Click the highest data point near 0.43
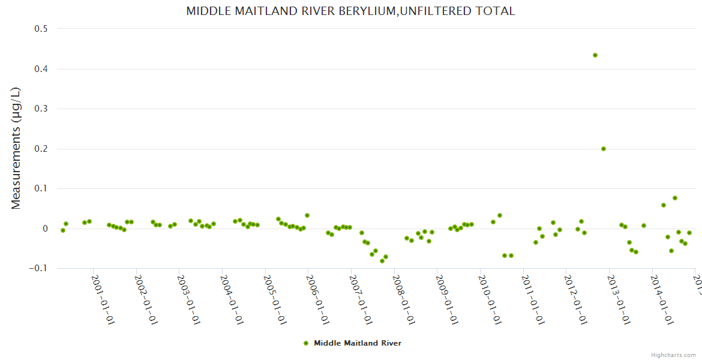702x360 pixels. (595, 55)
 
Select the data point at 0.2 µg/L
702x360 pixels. (604, 149)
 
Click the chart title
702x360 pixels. (350, 11)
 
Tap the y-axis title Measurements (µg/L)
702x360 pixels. (16, 148)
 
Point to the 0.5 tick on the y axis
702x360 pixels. (44, 29)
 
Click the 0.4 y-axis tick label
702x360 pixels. (44, 69)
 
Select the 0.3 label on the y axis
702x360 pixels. (44, 109)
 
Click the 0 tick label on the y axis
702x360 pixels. (46, 229)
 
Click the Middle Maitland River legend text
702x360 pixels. (358, 343)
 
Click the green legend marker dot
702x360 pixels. (306, 343)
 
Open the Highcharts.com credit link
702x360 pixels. (673, 355)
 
